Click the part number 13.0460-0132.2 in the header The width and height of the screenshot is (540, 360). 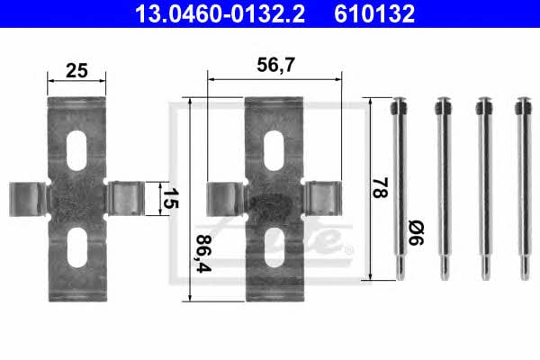[x=220, y=14]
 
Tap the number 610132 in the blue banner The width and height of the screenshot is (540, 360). [x=374, y=14]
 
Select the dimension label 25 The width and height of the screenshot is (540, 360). [x=76, y=70]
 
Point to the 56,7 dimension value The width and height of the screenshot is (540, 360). [x=275, y=65]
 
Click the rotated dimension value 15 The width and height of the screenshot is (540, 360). [x=170, y=198]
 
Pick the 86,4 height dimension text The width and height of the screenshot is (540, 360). [x=203, y=253]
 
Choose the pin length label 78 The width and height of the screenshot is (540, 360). [x=380, y=187]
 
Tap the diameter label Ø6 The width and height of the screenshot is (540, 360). [x=416, y=233]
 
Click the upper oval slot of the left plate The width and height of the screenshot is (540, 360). [x=76, y=150]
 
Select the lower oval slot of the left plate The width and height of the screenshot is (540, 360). [x=76, y=247]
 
